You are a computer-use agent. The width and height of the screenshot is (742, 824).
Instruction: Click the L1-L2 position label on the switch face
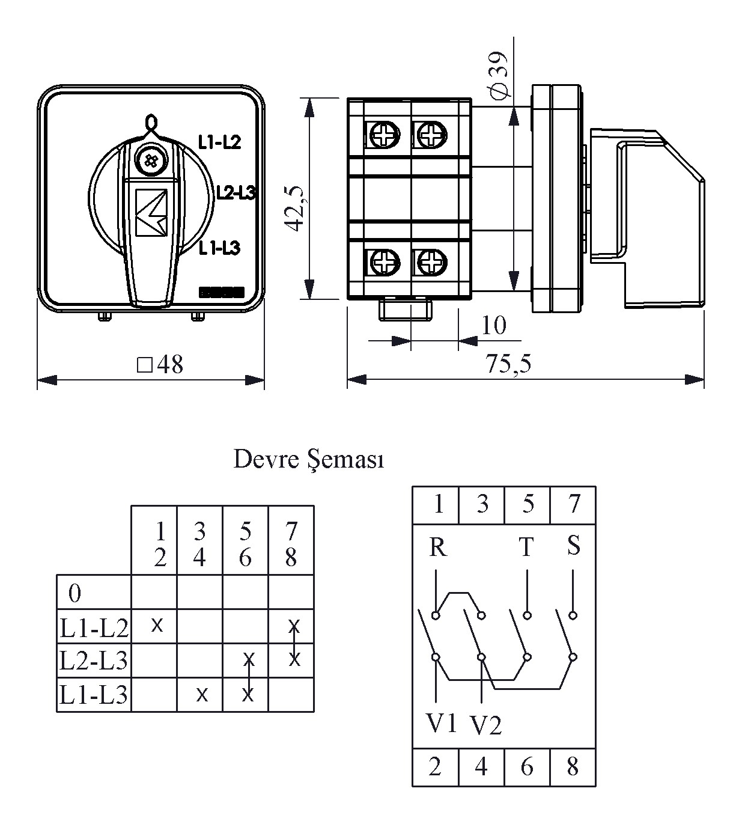click(x=219, y=142)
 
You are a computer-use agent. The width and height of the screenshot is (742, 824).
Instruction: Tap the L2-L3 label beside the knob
click(x=236, y=192)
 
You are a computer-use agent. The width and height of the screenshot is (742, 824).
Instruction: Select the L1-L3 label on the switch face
click(x=219, y=247)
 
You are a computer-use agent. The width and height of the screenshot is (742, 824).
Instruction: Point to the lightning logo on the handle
click(x=151, y=212)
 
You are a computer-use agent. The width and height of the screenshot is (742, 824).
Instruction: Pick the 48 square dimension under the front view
click(x=161, y=365)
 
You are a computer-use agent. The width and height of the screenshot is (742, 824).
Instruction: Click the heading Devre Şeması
click(x=308, y=460)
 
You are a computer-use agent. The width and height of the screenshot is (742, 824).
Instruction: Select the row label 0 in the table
click(x=75, y=593)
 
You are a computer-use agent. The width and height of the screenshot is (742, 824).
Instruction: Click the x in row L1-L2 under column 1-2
click(x=157, y=625)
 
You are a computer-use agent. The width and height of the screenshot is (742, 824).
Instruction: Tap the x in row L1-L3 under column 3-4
click(x=202, y=695)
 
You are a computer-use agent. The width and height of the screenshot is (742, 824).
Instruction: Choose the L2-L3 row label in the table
click(x=94, y=661)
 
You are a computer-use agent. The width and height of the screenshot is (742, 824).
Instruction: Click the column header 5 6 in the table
click(x=245, y=544)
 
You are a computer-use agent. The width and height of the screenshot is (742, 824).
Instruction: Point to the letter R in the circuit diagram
click(x=438, y=548)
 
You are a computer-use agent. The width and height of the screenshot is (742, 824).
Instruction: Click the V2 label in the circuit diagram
click(x=485, y=725)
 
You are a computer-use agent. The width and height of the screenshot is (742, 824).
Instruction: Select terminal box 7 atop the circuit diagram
click(x=573, y=504)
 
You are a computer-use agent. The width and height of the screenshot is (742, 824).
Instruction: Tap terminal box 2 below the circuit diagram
click(x=435, y=767)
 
